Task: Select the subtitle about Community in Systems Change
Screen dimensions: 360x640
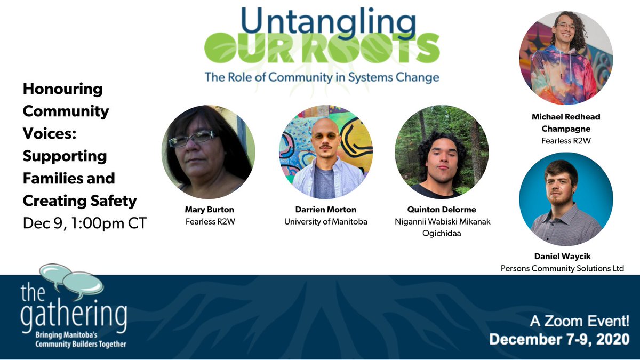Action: (322, 77)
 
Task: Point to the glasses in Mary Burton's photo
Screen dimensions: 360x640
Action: (191, 139)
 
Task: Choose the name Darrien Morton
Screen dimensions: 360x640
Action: (325, 210)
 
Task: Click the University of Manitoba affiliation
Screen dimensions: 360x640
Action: (325, 221)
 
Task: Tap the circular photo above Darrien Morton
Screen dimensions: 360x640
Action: (325, 152)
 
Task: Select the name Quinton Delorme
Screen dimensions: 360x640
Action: (441, 210)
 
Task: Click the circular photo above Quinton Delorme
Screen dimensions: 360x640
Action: (441, 152)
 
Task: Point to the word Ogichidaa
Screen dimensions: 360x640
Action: (441, 233)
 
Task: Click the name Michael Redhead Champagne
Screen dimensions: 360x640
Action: (566, 123)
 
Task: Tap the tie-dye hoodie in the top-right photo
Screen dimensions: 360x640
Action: (563, 80)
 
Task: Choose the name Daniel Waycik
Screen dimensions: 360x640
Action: (563, 257)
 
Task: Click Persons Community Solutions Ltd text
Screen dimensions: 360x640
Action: (562, 268)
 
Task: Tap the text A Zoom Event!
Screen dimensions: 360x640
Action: (579, 321)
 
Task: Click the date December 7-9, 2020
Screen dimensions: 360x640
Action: (559, 340)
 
